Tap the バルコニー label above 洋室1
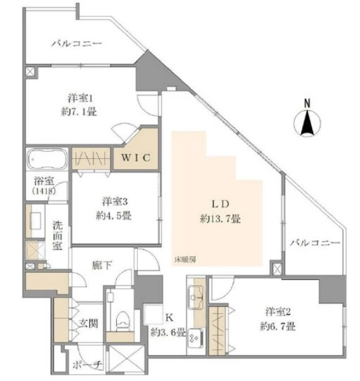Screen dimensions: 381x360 76,45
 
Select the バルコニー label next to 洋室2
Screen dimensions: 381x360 315,243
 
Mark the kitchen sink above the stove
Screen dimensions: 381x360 194,294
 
